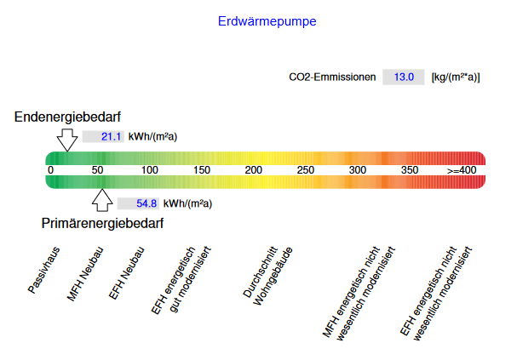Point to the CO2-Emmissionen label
tap(332, 77)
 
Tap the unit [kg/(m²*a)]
tap(456, 77)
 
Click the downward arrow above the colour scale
tap(68, 140)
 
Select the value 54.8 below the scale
tap(135, 203)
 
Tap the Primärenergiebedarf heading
tap(102, 223)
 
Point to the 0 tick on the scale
tap(50, 170)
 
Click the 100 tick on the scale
tap(150, 170)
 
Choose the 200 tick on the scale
tap(254, 170)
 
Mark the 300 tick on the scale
tap(358, 170)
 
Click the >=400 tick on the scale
tap(462, 170)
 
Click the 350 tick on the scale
tap(410, 170)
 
